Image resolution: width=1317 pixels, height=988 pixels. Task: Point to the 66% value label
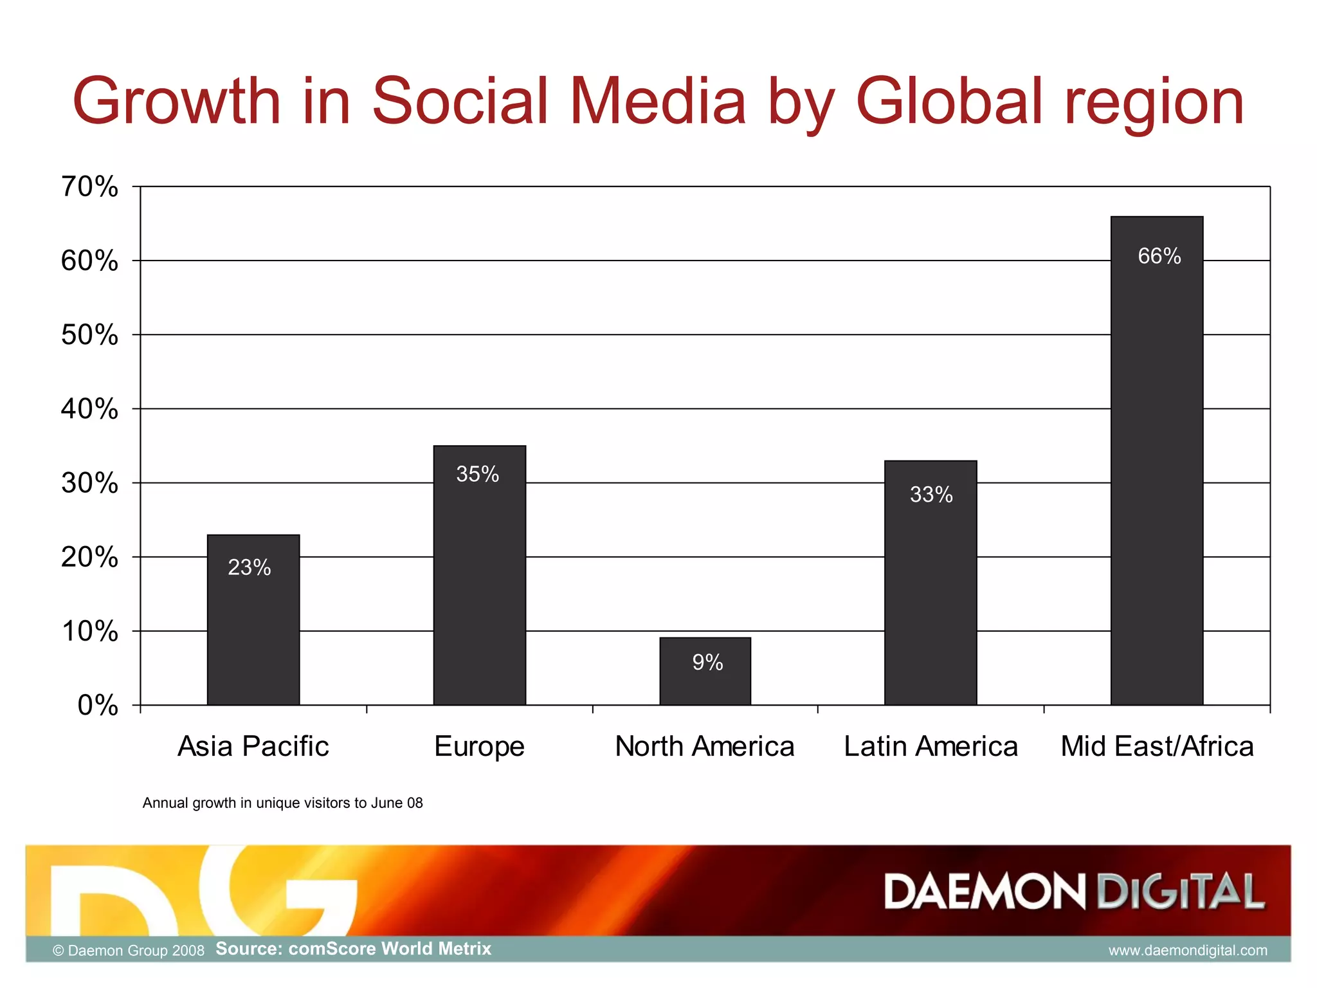(x=1159, y=256)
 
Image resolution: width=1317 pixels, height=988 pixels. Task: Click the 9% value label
(x=707, y=662)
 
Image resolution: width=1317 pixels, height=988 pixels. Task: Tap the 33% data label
(x=931, y=494)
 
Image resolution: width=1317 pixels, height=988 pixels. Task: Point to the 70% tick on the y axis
(x=89, y=187)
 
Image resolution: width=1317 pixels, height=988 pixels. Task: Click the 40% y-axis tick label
(x=89, y=408)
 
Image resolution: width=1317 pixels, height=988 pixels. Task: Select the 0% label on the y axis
(x=98, y=706)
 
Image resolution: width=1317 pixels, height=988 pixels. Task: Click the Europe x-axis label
(x=479, y=747)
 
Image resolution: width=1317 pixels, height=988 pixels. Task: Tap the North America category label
(x=705, y=747)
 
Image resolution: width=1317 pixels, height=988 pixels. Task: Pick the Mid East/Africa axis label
(x=1156, y=747)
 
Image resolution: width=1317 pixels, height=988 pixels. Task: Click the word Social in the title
(x=459, y=101)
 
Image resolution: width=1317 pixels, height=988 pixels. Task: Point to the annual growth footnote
(x=282, y=803)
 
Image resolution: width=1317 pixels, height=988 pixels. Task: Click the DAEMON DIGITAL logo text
(x=1074, y=892)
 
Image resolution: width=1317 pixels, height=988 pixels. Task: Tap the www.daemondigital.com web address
(x=1187, y=950)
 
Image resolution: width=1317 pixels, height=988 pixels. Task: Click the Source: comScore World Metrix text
(x=353, y=949)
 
